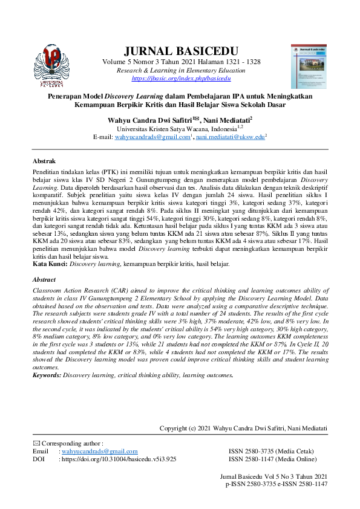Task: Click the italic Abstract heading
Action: click(x=44, y=280)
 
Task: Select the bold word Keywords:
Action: click(x=47, y=375)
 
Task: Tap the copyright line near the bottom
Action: click(x=243, y=429)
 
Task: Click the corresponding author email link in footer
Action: click(x=100, y=452)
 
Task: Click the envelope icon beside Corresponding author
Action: click(x=36, y=444)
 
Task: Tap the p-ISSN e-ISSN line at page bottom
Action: click(x=277, y=484)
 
